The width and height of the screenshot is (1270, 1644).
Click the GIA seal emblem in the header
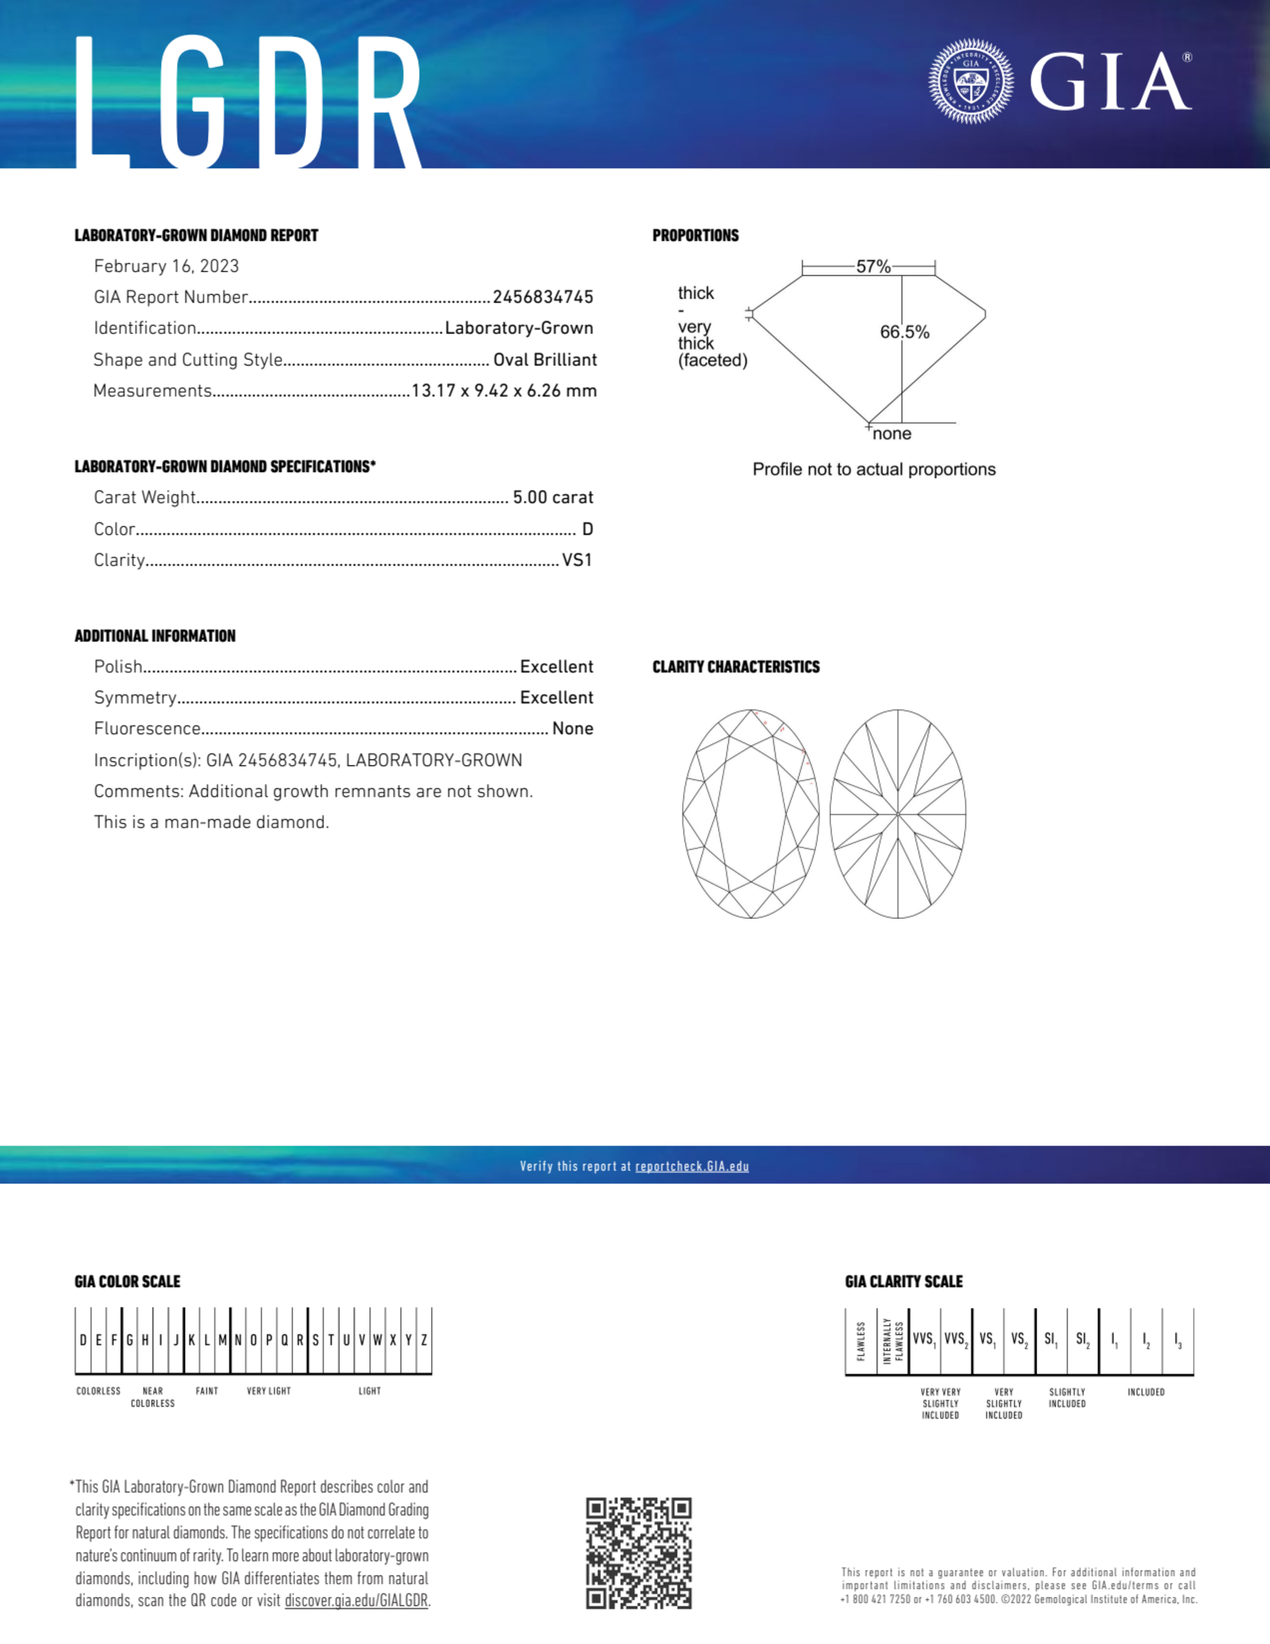(970, 81)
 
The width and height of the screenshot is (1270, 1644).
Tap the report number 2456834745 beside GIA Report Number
(543, 297)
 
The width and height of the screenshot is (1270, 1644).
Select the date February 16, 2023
(166, 267)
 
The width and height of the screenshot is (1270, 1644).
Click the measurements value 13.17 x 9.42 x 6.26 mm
(504, 390)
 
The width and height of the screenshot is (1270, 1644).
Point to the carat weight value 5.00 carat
(553, 498)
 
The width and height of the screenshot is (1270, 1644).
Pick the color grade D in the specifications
(587, 529)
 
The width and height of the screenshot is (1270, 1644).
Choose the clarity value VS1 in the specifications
(577, 560)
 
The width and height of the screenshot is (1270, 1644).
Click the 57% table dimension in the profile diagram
(873, 267)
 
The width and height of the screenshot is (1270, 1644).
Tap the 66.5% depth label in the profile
(904, 332)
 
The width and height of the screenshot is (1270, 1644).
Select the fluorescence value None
(572, 729)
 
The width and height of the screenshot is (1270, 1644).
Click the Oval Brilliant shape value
(545, 360)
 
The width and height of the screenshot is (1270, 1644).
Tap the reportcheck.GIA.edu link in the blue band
(692, 1166)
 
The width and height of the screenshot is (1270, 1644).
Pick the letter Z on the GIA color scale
(424, 1340)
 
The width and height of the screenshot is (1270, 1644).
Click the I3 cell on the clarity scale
(1178, 1340)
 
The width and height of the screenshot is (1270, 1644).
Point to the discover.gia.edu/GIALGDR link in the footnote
(356, 1600)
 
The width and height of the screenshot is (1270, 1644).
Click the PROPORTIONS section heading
(695, 235)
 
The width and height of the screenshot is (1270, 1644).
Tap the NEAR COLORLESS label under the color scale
(153, 1397)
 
